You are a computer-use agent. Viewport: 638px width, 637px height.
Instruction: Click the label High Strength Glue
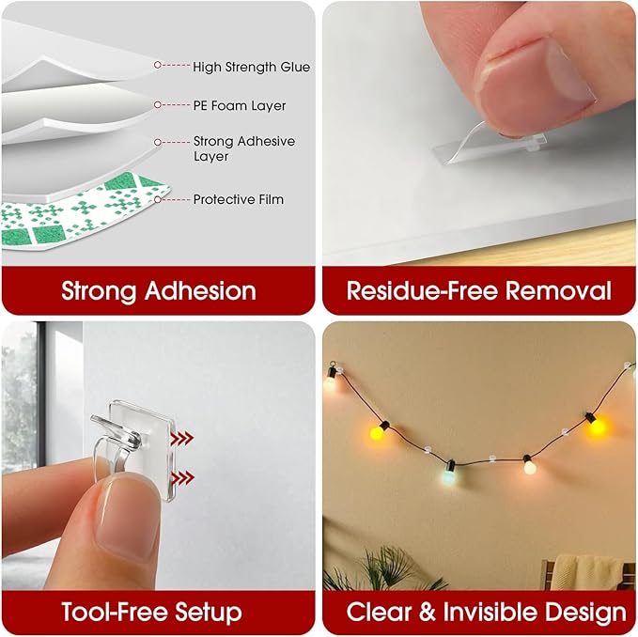251,67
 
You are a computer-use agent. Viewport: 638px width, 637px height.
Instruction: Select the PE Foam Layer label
239,106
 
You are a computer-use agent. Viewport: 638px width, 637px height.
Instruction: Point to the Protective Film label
238,199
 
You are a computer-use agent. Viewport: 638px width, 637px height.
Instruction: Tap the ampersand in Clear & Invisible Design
428,613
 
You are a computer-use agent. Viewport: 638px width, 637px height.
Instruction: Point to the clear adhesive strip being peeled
484,146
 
